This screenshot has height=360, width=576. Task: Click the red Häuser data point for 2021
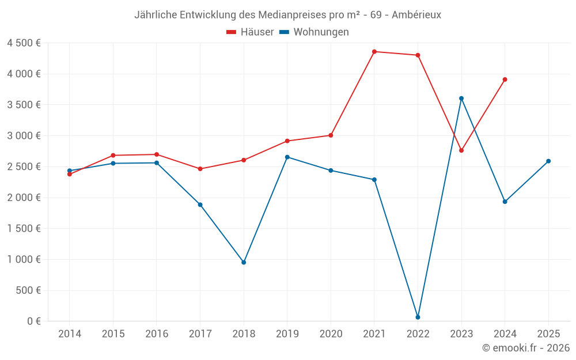(x=374, y=52)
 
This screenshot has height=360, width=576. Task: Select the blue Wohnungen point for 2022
(x=418, y=317)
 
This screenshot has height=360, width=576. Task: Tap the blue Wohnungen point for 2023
(x=461, y=98)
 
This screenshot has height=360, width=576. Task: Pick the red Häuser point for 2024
(x=505, y=79)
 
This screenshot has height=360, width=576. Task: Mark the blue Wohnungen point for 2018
(x=244, y=262)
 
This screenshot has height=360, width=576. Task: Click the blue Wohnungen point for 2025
(x=548, y=161)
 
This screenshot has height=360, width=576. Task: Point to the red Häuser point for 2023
(x=461, y=150)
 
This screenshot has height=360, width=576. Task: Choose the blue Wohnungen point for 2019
(x=287, y=157)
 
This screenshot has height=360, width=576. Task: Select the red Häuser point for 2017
(x=200, y=169)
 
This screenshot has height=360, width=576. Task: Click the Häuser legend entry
(x=250, y=32)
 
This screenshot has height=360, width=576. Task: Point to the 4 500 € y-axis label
(x=24, y=43)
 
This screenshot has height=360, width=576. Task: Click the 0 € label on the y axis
(x=34, y=321)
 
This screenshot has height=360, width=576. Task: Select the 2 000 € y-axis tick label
(x=24, y=198)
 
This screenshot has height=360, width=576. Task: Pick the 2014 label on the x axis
(x=70, y=334)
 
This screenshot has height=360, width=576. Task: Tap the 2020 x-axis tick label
(x=331, y=334)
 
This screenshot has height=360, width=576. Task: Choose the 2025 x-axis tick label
(x=548, y=334)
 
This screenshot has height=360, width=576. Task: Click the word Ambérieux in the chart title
(x=416, y=15)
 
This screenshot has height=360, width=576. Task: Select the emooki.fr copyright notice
(x=526, y=348)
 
